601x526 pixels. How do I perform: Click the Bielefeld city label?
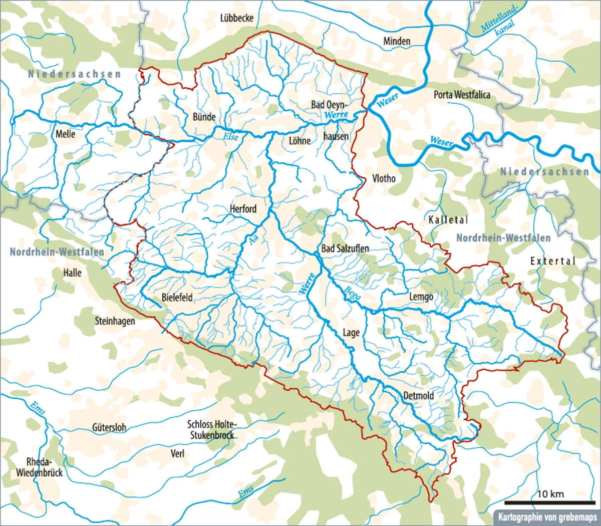(177, 298)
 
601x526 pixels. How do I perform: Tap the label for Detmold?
(419, 396)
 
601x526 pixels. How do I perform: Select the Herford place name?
(243, 209)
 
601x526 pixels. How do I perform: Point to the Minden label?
(397, 41)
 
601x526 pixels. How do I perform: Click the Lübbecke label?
(237, 18)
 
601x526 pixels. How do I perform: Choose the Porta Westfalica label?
(462, 95)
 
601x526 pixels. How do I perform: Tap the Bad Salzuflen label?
(345, 248)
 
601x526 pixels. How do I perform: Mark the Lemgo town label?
(421, 297)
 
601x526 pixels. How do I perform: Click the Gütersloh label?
(109, 428)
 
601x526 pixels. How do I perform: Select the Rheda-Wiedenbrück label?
(39, 467)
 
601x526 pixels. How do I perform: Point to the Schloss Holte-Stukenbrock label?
(212, 430)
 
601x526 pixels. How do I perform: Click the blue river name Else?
(231, 136)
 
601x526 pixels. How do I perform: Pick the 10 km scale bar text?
(550, 494)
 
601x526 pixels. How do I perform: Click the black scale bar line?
(549, 502)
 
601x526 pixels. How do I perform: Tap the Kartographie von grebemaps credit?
(547, 516)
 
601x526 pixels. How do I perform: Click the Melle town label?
(66, 134)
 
